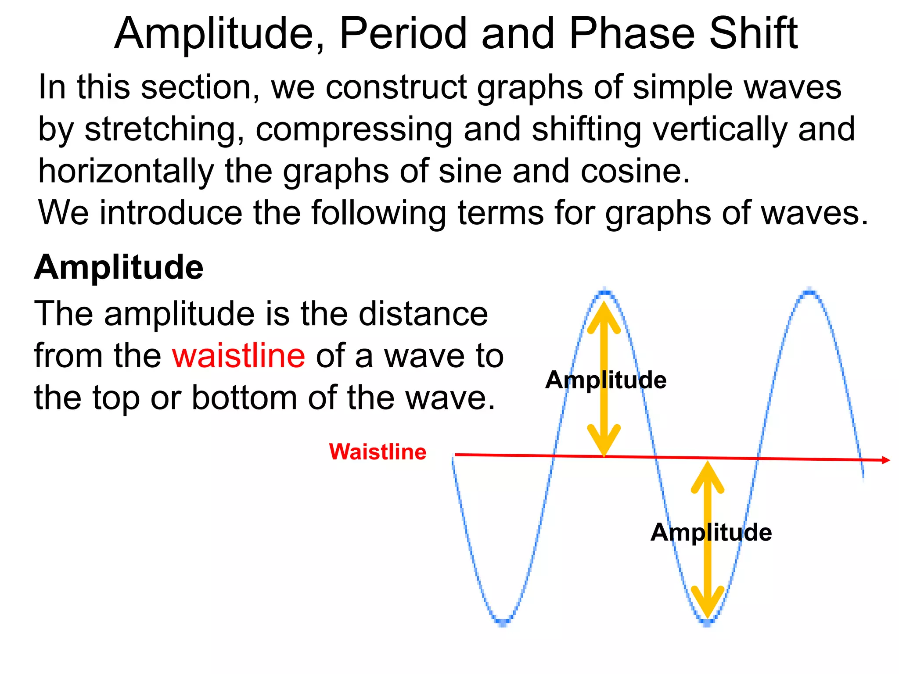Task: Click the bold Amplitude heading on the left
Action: (x=119, y=268)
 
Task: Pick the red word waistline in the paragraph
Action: (x=238, y=355)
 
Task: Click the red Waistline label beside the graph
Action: (x=378, y=452)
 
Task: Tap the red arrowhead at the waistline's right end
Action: (x=886, y=460)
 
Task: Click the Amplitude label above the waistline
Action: (x=606, y=380)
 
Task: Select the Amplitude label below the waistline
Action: (x=711, y=532)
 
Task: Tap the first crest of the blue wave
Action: (x=605, y=291)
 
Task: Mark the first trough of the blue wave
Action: (x=503, y=620)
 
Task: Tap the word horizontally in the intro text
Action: (x=126, y=171)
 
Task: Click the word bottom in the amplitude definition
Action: (x=245, y=398)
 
